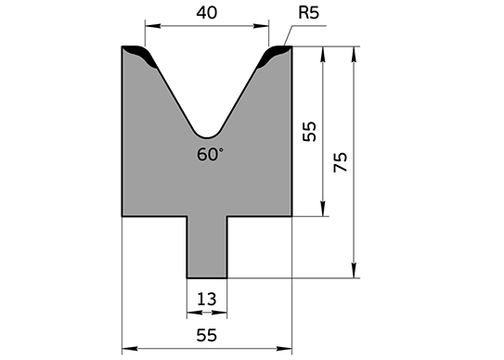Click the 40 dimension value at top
207,13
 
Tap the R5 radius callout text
308,13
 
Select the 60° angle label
210,154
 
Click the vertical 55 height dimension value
310,132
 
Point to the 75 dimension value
341,162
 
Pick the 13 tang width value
207,300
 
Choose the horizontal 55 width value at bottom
207,335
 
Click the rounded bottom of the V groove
207,135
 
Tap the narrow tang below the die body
207,247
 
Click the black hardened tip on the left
143,56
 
